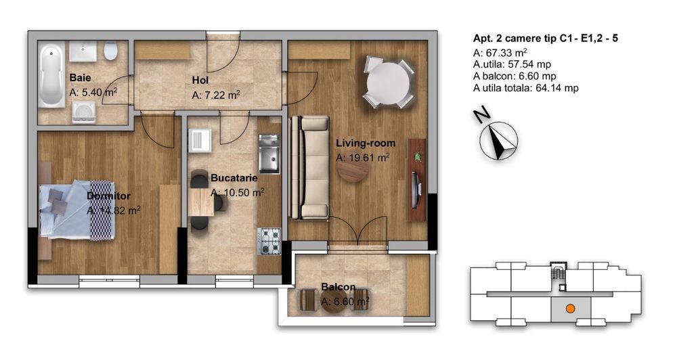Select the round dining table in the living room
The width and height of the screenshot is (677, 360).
[x=389, y=82]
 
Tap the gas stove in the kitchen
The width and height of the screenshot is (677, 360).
[x=269, y=241]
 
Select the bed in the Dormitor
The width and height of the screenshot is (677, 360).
[x=74, y=209]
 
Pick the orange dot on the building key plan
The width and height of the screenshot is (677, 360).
[x=571, y=309]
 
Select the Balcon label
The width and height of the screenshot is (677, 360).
[x=339, y=287]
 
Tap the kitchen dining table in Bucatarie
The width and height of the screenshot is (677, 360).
[x=201, y=201]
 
